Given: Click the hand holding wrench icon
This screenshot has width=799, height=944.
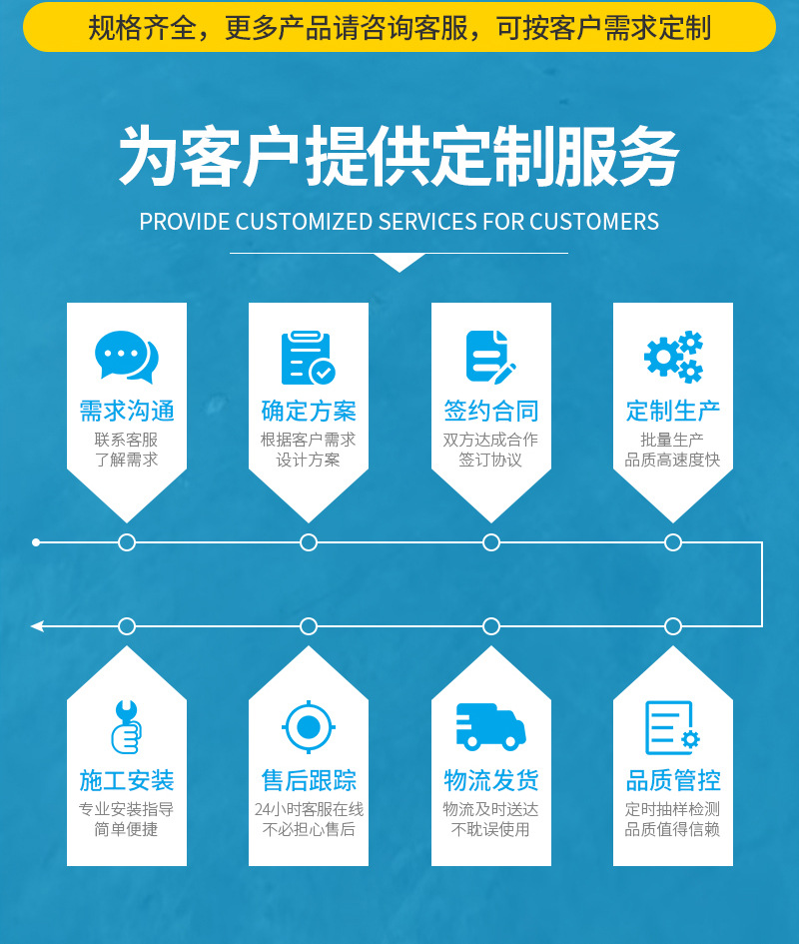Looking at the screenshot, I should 126,726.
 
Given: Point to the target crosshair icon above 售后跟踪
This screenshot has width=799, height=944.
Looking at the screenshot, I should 308,726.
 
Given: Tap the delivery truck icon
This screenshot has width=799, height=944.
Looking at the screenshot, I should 490,726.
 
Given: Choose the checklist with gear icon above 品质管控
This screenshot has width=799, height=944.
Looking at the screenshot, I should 672,727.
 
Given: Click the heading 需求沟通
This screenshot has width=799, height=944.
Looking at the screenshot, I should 127,411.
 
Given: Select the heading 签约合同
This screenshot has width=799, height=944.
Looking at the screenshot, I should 490,411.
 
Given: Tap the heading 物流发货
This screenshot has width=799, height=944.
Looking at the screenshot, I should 490,780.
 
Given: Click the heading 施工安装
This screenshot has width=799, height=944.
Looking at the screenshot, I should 127,780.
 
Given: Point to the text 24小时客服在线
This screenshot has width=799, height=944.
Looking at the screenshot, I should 309,809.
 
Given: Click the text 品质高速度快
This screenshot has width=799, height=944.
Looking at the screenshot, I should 672,460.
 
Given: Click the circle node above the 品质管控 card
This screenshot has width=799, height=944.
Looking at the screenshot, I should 673,626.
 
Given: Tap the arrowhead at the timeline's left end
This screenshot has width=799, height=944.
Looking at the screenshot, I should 37,626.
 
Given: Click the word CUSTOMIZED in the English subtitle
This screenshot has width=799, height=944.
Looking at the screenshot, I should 305,222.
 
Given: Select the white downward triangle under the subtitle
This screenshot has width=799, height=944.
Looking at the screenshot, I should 399,262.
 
